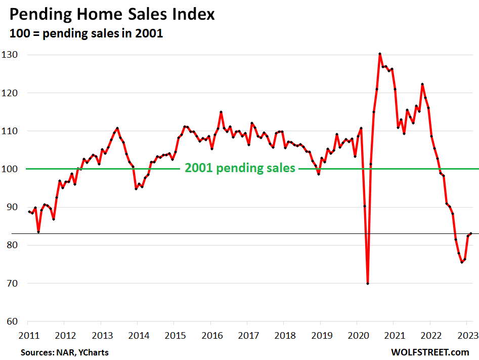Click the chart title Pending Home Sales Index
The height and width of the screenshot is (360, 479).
point(112,14)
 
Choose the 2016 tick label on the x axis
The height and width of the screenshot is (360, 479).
point(210,335)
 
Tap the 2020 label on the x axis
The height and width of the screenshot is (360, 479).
point(357,335)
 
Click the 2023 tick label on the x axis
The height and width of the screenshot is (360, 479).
point(466,335)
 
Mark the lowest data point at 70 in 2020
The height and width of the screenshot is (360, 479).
point(368,284)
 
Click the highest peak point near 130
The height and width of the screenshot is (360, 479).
point(380,54)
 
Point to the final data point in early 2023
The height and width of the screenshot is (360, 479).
point(471,233)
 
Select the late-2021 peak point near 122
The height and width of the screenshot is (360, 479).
point(422,84)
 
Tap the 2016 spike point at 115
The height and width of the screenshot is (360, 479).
point(221,112)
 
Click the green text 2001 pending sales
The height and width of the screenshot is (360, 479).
point(240,168)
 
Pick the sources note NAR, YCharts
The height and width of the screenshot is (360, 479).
point(64,352)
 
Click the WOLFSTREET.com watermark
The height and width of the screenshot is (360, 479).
point(430,352)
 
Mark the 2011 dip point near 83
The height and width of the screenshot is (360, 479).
point(38,232)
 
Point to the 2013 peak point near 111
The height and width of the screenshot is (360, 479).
point(117,128)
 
